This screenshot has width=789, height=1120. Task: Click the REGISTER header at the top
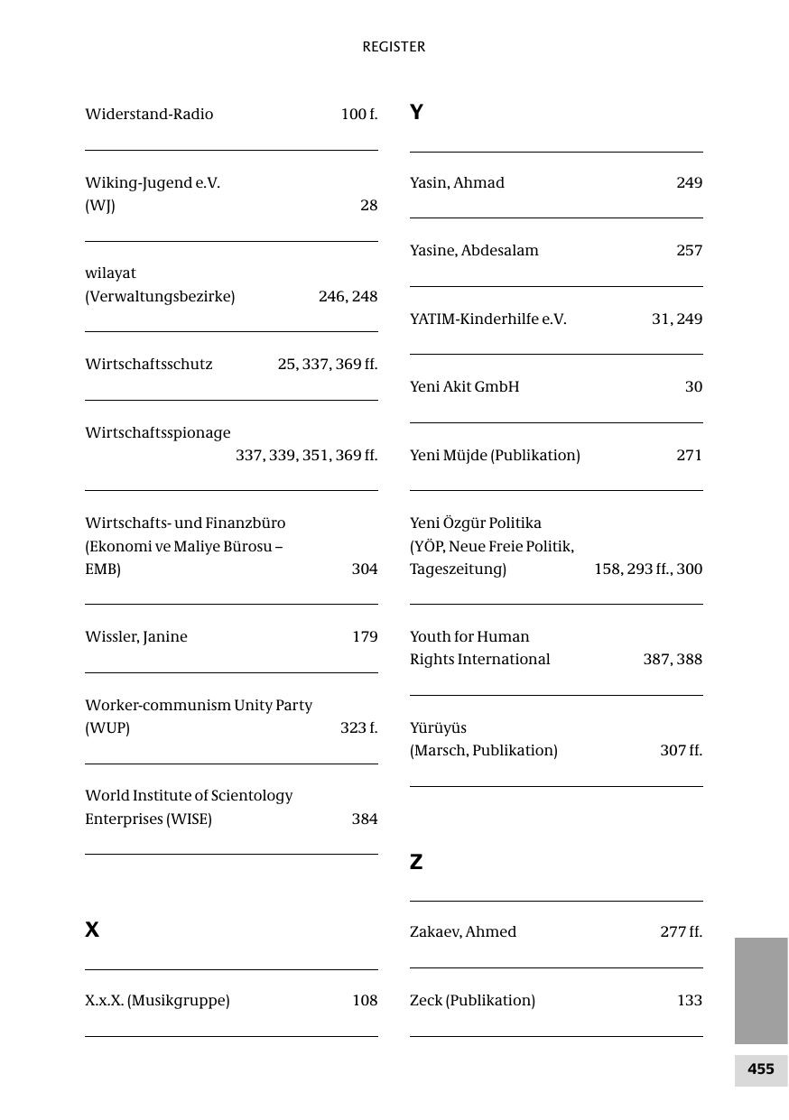click(394, 47)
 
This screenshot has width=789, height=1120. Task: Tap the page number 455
click(760, 1069)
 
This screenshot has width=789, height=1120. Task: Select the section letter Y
click(416, 113)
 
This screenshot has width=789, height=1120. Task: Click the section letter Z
click(416, 862)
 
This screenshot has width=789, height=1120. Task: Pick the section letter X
click(92, 930)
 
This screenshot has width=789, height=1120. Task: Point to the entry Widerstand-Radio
click(149, 114)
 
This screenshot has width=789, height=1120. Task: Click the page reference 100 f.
click(358, 114)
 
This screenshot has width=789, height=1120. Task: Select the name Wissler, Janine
click(136, 636)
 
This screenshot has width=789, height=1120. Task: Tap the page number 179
click(365, 636)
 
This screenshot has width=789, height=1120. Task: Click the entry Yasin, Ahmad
click(457, 182)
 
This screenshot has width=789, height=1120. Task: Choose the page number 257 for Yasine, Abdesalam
click(689, 250)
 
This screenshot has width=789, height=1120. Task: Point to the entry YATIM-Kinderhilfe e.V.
click(487, 319)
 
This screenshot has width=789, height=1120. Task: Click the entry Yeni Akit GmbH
click(464, 386)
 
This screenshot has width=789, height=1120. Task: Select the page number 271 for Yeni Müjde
click(689, 455)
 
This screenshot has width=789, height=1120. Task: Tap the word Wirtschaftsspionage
click(158, 432)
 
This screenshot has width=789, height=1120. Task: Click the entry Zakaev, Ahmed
click(463, 931)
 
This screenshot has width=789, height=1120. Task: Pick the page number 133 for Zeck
click(689, 1000)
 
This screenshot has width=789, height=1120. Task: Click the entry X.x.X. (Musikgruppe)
click(157, 1000)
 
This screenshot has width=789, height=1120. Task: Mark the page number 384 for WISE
click(365, 819)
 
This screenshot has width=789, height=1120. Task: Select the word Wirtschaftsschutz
click(149, 364)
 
